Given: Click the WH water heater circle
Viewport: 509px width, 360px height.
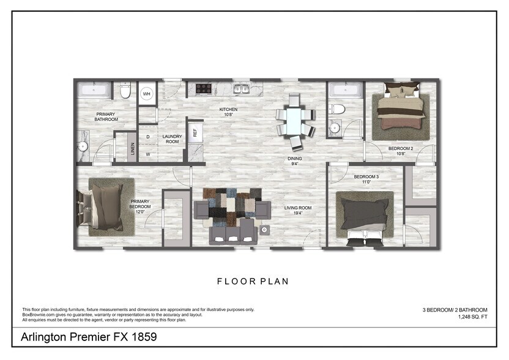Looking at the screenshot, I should pos(147,94).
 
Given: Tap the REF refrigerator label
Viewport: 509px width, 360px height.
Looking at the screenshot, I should pos(195,131).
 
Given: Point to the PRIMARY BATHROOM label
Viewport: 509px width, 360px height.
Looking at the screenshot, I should pos(106,116).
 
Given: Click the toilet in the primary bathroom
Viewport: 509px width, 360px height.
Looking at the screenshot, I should pos(125,91).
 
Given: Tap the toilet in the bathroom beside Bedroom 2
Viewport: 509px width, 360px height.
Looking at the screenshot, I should pos(337,109).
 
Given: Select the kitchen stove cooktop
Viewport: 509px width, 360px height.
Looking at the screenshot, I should pos(204,89).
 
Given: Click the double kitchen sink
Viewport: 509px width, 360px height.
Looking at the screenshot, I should pos(240,89).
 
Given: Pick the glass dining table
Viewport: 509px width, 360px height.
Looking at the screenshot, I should pos(295,119).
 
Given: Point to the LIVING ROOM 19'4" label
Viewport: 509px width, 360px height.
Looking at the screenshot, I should pos(298,211).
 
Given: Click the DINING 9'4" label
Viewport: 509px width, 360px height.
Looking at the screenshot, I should pos(295,161).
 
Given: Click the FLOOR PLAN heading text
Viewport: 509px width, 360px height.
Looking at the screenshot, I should pos(253,282).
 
